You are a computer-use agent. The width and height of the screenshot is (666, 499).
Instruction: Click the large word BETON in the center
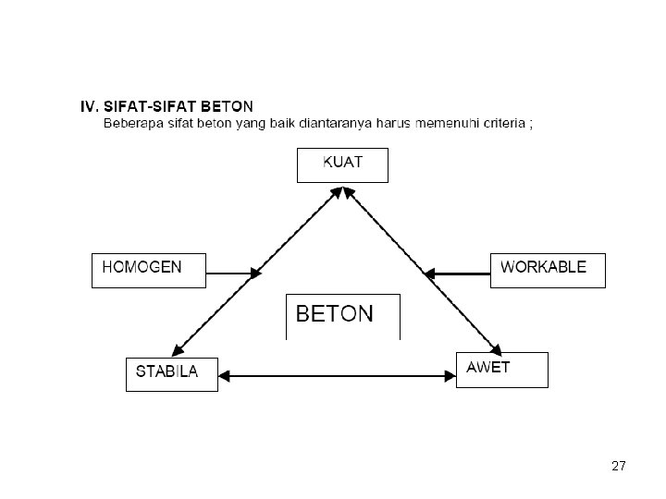tap(335, 314)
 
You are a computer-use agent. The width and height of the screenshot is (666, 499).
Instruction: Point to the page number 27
tap(619, 466)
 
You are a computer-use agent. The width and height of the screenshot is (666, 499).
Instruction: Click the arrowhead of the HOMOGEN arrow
tap(255, 274)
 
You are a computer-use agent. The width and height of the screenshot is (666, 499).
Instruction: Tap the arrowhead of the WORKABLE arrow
tap(429, 274)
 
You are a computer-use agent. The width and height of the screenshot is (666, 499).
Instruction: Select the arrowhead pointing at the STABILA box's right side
tap(224, 376)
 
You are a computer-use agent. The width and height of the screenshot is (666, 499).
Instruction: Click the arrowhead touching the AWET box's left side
tap(450, 376)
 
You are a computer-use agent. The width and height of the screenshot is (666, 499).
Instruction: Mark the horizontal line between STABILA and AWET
tap(338, 376)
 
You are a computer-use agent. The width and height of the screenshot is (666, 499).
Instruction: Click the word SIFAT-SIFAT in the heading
tap(150, 106)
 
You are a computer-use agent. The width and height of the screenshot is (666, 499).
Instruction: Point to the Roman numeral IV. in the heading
tap(90, 106)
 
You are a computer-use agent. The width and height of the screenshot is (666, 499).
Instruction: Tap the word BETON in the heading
tap(227, 106)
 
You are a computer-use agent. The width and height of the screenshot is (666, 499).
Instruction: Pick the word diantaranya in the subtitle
tap(336, 124)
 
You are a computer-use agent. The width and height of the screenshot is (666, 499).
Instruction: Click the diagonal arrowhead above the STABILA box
tap(178, 350)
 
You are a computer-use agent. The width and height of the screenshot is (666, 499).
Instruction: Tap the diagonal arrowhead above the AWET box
tap(496, 349)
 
